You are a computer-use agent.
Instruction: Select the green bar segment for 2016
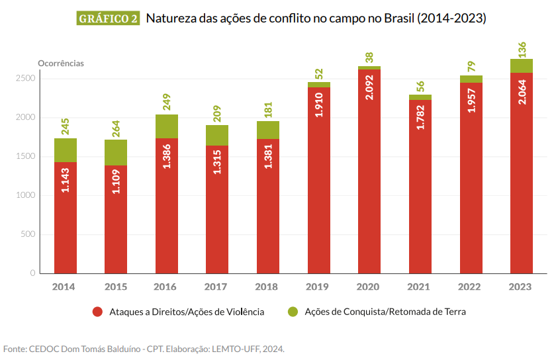[x=167, y=126]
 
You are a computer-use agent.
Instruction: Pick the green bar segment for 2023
[x=521, y=66]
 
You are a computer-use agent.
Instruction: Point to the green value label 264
[x=116, y=128]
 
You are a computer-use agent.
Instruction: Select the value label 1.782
[x=420, y=114]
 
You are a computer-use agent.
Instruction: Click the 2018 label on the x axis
[x=268, y=287]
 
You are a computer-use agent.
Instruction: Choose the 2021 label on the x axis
[x=420, y=287]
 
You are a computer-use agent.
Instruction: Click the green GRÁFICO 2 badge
[x=109, y=19]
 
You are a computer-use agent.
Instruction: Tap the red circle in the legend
[x=97, y=312]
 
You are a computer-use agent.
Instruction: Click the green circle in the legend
[x=293, y=312]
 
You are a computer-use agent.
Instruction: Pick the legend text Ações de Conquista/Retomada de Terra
[x=385, y=312]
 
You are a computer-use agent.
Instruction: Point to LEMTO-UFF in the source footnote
[x=235, y=348]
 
